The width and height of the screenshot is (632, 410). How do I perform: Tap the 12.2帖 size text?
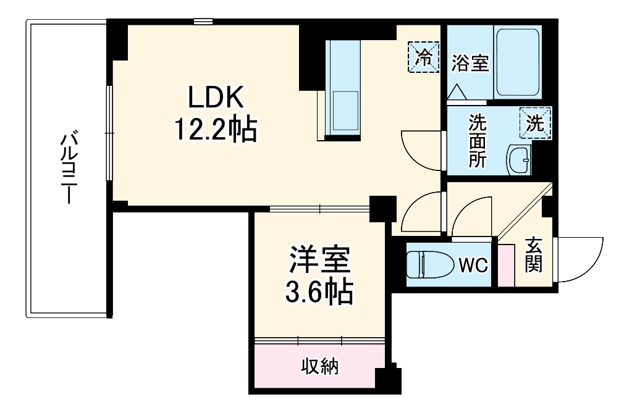pyautogui.click(x=216, y=129)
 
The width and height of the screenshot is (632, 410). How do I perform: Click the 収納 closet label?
pyautogui.click(x=320, y=367)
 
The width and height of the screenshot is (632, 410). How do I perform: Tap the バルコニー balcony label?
pyautogui.click(x=68, y=167)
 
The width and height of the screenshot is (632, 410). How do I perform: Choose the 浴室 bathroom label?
pyautogui.click(x=470, y=62)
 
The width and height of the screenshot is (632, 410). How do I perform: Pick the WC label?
pyautogui.click(x=473, y=266)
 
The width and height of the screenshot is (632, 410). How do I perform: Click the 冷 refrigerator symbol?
pyautogui.click(x=424, y=57)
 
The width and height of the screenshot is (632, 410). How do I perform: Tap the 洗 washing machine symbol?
pyautogui.click(x=535, y=123)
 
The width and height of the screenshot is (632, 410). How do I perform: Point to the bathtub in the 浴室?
pyautogui.click(x=518, y=62)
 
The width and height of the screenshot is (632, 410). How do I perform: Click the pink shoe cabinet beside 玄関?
pyautogui.click(x=506, y=266)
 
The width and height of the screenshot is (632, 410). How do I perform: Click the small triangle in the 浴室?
pyautogui.click(x=458, y=93)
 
